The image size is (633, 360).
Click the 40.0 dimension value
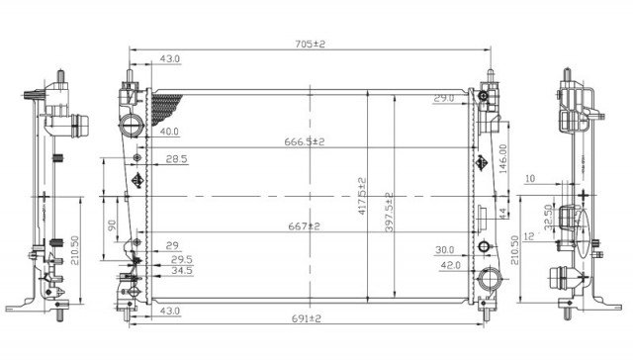point(169,131)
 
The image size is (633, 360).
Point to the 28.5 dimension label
point(176,159)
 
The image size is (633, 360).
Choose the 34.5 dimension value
point(181,269)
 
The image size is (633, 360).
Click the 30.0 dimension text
point(445,250)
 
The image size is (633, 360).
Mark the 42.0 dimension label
point(451,265)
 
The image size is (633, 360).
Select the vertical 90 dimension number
point(111,226)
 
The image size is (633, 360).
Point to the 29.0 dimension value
point(443,98)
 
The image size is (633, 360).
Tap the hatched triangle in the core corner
point(170,102)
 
